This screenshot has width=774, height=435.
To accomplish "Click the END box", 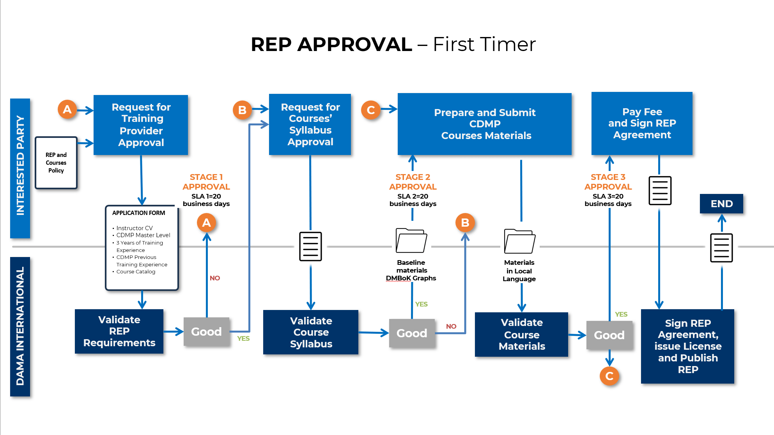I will [x=721, y=204].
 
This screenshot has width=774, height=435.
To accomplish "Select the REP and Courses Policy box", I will [x=56, y=163].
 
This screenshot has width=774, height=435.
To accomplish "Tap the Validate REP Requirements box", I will [x=119, y=331].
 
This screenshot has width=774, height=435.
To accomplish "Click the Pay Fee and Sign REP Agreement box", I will [x=642, y=123].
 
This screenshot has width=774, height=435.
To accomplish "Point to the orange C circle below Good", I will [x=609, y=376].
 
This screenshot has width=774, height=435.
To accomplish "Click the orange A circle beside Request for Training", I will [x=67, y=109].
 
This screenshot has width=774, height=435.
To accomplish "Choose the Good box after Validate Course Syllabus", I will [x=412, y=333].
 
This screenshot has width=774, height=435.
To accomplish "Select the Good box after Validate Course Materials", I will [x=609, y=335].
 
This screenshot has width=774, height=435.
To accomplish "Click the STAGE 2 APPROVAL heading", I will [x=413, y=182].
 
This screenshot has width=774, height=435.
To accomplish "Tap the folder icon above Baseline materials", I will [x=411, y=241].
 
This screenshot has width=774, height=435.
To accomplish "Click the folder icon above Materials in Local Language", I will [x=519, y=242].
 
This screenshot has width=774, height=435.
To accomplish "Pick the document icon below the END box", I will [x=721, y=248].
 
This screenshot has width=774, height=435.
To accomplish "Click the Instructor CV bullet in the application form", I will [x=135, y=228].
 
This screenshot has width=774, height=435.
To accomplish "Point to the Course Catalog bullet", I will [x=136, y=272].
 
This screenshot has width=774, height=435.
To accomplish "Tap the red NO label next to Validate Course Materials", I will [x=451, y=326].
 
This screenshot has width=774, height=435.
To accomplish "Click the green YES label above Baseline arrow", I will [x=421, y=304].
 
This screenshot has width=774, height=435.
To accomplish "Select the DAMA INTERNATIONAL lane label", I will [x=20, y=326].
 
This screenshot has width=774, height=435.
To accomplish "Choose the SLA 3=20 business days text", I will [x=608, y=200].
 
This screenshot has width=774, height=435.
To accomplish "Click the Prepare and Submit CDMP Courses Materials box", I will [x=484, y=124].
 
